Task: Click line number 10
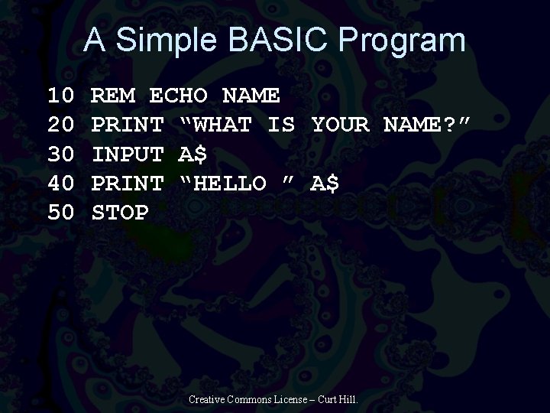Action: [60, 96]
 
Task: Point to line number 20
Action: [60, 125]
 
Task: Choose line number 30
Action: [60, 154]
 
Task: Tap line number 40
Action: [60, 184]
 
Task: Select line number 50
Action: [60, 212]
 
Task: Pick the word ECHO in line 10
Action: [178, 96]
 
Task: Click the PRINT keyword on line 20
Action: [127, 125]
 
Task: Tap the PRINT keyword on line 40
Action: [127, 184]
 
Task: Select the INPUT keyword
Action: [127, 154]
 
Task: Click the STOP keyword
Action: [120, 212]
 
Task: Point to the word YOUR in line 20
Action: [340, 125]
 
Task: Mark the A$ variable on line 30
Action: [192, 154]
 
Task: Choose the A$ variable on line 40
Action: [325, 184]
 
